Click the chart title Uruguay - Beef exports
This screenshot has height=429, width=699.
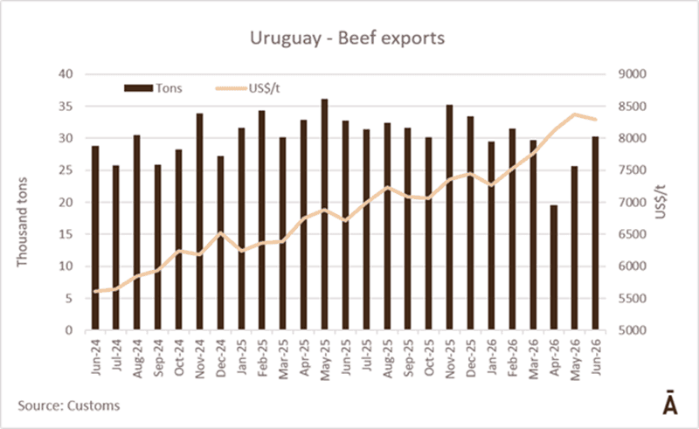coord(347,38)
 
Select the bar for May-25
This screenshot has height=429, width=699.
coord(324,215)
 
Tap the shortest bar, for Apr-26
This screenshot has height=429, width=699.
coord(554,267)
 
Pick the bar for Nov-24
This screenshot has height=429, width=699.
coord(200,222)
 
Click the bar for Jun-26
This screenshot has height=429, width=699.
coord(595,233)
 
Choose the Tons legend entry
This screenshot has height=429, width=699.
coord(153,88)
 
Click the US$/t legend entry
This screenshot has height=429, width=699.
coord(248,88)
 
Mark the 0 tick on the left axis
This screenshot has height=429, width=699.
coord(69,330)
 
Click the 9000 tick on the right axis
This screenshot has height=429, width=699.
coord(632,74)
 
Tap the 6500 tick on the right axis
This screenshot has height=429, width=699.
coord(632,234)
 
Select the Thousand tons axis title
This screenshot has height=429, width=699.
coord(22,222)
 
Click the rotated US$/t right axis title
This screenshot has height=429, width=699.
coord(661,202)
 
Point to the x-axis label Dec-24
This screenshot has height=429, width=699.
coord(221,358)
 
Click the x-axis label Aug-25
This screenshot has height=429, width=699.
coord(387,358)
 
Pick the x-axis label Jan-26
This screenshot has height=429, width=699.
coord(492,357)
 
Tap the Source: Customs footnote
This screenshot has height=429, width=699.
coord(69,405)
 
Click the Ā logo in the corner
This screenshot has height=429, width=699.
coord(670,403)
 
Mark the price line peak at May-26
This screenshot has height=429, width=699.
coord(575,114)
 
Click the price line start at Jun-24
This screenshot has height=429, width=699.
coord(95,291)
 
